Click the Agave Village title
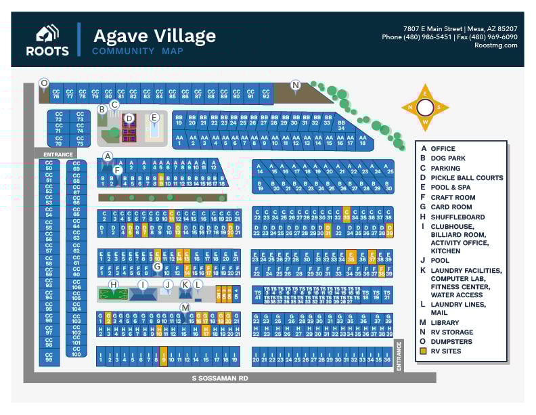[x=154, y=35]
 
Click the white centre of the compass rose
[x=425, y=108]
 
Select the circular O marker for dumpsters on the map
[x=44, y=83]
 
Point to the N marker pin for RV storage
[x=295, y=85]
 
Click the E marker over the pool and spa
[x=154, y=118]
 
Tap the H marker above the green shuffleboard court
[x=114, y=284]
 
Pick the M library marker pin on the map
[x=185, y=308]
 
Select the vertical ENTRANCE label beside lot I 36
[x=399, y=355]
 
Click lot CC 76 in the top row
[x=56, y=94]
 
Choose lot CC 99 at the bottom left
[x=49, y=359]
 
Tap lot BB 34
[x=341, y=125]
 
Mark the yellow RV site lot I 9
[x=164, y=357]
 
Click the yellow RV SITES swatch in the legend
[x=424, y=351]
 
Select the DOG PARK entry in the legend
[x=447, y=158]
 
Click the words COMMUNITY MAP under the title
[x=133, y=51]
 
